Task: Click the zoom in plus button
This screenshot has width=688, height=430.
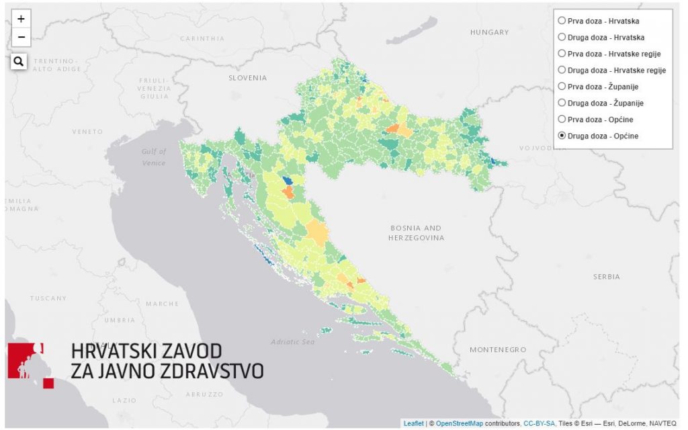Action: click(x=21, y=19)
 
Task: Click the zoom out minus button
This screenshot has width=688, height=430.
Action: click(x=21, y=37)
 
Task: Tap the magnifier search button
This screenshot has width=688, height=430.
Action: click(x=19, y=62)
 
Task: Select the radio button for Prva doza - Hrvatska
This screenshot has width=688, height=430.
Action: click(x=562, y=21)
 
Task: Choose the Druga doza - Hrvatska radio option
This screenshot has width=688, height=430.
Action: click(x=562, y=37)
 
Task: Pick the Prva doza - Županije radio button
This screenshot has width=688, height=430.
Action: click(x=562, y=86)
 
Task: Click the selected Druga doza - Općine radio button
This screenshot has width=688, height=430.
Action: click(x=562, y=136)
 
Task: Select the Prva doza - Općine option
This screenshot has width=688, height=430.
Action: click(x=562, y=119)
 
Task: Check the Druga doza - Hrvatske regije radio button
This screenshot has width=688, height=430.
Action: click(x=562, y=70)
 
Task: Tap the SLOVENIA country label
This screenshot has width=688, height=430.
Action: click(x=247, y=78)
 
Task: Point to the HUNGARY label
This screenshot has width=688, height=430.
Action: click(x=489, y=32)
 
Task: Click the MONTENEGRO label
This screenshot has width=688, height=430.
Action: click(x=497, y=350)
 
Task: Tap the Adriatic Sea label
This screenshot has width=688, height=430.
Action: click(x=292, y=342)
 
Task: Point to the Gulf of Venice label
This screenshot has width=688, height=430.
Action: click(x=153, y=157)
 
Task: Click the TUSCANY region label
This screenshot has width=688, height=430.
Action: click(x=48, y=298)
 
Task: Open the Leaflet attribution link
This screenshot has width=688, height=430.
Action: click(x=413, y=423)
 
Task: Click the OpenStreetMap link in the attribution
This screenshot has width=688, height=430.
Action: click(x=459, y=423)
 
